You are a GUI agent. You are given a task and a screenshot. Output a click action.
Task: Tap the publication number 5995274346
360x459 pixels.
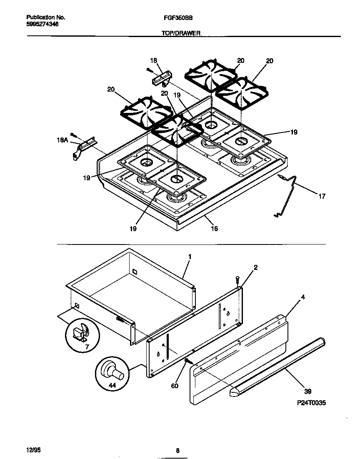tap(42, 24)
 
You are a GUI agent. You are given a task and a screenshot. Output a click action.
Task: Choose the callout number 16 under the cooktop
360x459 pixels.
tap(214, 228)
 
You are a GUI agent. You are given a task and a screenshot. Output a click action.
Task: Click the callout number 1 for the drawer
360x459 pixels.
tap(190, 257)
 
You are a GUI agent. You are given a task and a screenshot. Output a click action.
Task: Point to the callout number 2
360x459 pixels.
tap(255, 267)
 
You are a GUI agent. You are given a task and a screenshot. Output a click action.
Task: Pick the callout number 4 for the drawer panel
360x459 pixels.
tap(303, 297)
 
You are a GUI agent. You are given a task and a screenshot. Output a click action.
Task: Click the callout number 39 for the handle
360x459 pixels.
tap(307, 391)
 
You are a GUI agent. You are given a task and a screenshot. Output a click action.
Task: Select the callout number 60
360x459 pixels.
tap(175, 386)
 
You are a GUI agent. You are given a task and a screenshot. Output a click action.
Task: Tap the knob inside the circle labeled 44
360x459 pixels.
tap(113, 372)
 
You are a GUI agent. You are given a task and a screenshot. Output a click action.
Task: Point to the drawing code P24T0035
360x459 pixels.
tap(309, 403)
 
